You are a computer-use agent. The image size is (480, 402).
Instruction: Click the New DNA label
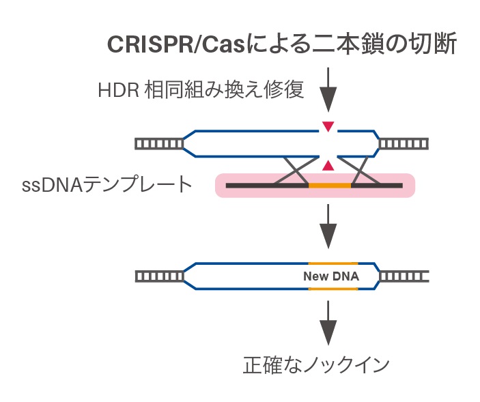331,276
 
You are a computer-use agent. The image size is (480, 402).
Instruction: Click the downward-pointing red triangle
328,126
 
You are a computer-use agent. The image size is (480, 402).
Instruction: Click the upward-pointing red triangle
328,164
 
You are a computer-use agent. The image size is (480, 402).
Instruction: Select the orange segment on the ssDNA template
330,185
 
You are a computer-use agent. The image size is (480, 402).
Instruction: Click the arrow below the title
328,89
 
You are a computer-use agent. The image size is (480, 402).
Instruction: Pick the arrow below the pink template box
328,227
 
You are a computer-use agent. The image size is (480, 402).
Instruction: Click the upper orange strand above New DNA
333,263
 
